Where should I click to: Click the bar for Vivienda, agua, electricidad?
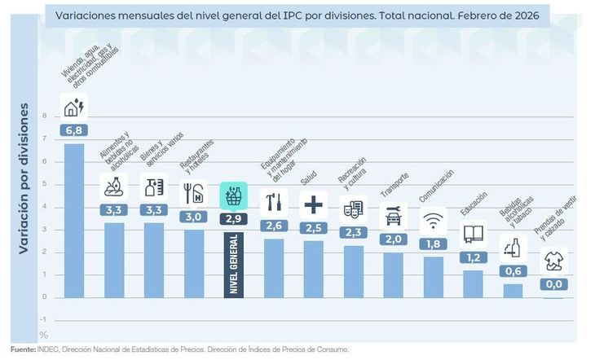pos(74,220)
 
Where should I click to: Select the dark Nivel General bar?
pos(233,264)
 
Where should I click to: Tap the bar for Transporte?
pos(394,274)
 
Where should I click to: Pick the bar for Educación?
pos(473,283)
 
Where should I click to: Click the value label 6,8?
pos(74,130)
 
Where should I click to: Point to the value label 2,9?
pos(233,218)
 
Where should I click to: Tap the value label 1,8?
pos(434,244)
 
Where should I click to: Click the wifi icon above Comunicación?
pos(434,220)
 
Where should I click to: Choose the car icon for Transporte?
pos(394,215)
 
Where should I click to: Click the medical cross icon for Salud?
pos(314,203)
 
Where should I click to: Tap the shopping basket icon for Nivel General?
pos(233,195)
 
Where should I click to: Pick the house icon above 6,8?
pos(75,107)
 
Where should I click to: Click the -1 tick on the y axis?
pos(43,319)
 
